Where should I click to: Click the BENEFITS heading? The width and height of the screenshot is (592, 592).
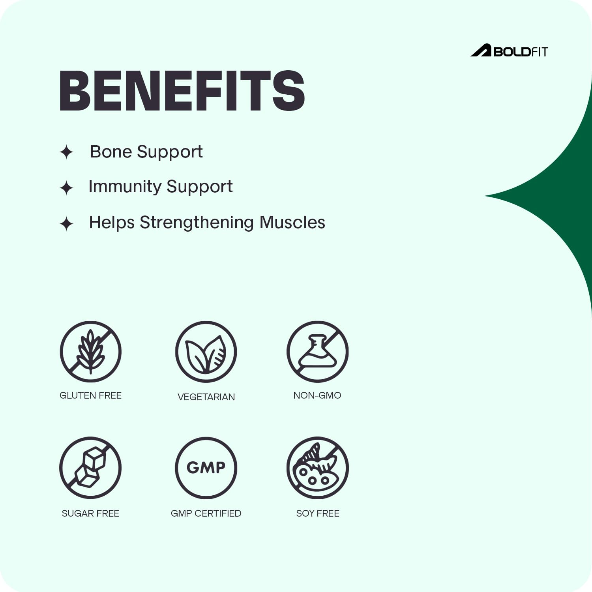click(182, 91)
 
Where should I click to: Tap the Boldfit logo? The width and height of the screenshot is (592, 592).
click(509, 51)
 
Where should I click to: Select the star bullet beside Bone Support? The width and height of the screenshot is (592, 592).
click(66, 152)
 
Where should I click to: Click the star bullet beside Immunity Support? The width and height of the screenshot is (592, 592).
click(66, 188)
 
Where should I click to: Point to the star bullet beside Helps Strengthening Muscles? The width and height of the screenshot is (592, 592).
click(66, 224)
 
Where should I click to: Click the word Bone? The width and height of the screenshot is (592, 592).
click(111, 152)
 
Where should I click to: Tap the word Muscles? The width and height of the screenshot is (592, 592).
click(292, 222)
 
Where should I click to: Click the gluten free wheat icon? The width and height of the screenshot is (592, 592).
click(91, 352)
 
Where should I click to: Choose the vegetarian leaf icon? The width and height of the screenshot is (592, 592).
click(206, 352)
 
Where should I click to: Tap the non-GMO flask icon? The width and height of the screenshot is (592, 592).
click(318, 352)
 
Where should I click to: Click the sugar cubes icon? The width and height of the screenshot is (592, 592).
click(90, 468)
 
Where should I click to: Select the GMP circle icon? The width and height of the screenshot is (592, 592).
click(206, 468)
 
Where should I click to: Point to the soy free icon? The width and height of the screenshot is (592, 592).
click(318, 468)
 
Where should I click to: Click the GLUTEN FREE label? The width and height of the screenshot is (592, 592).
click(90, 395)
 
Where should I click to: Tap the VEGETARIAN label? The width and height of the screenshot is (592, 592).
click(206, 397)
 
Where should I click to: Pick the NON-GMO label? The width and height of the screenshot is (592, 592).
click(317, 395)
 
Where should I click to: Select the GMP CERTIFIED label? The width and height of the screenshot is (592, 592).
click(206, 513)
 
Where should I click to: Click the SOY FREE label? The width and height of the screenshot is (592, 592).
click(318, 513)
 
